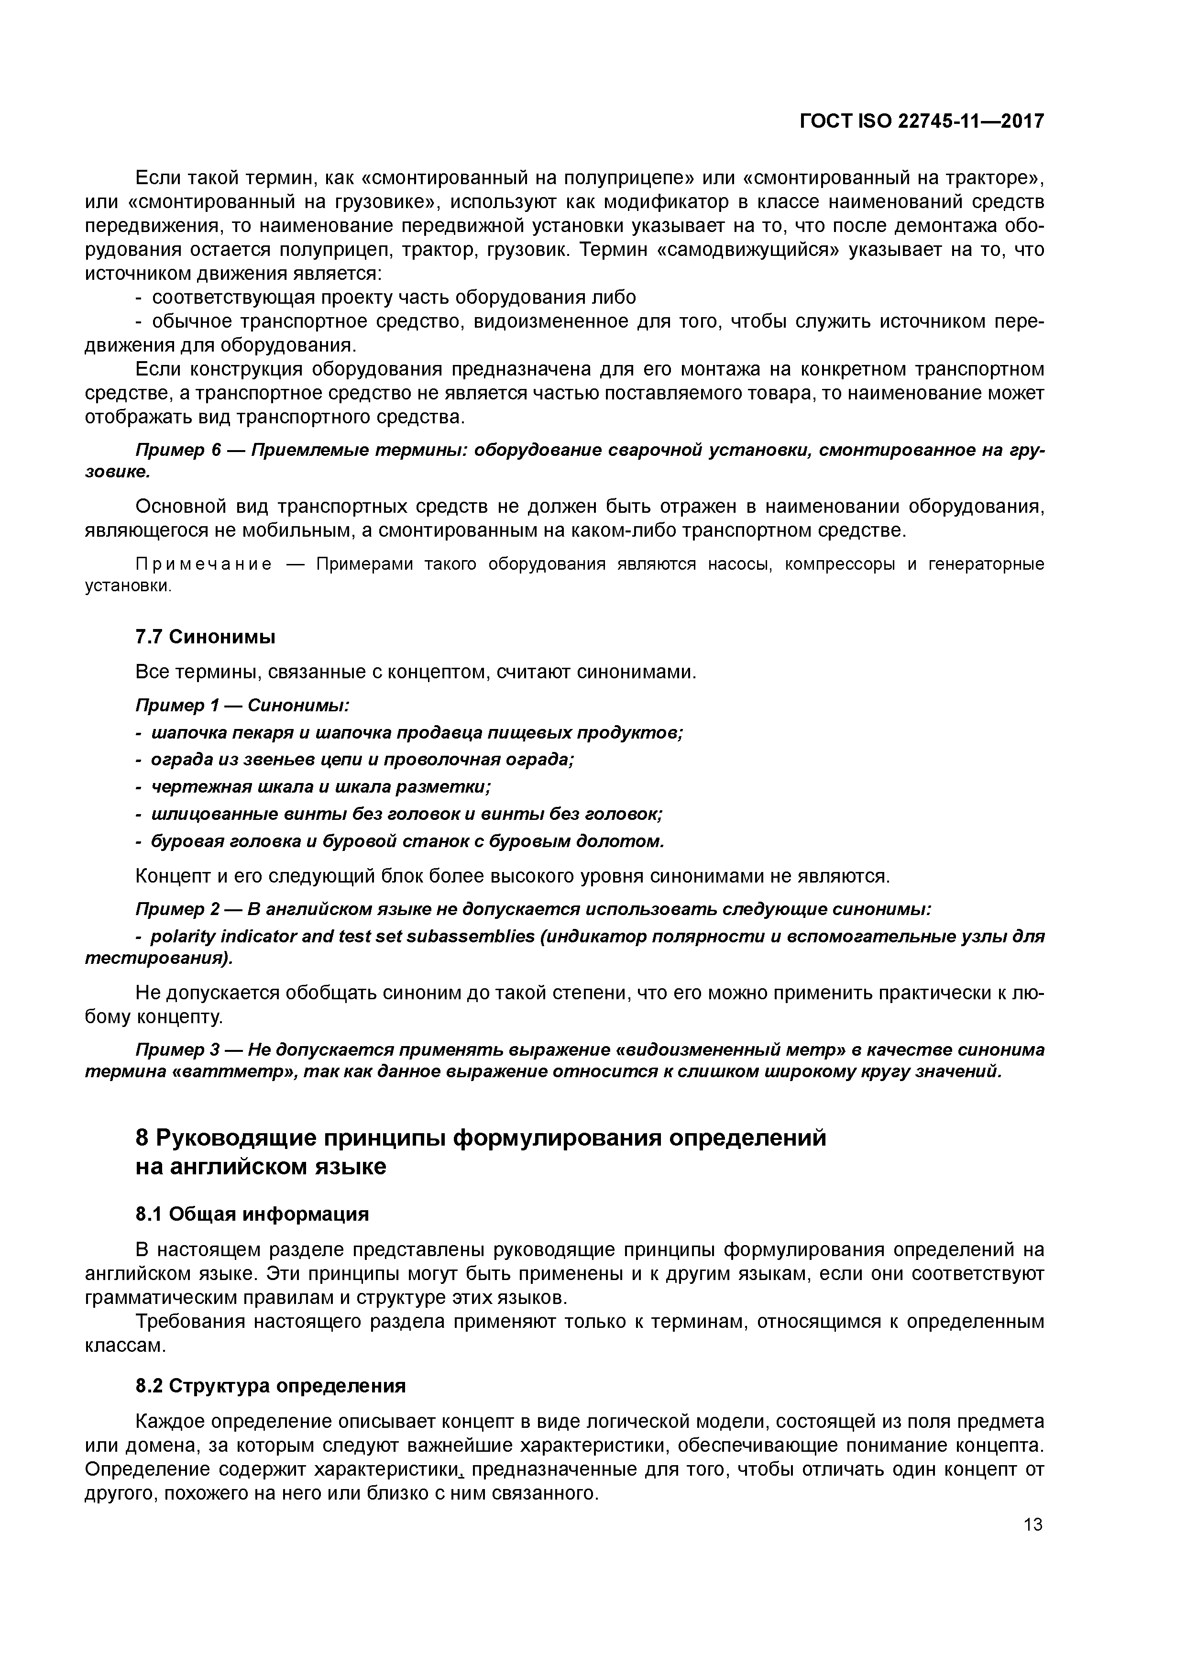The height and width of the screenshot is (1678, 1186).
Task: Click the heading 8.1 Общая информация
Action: click(252, 1214)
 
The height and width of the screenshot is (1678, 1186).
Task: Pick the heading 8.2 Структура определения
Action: click(270, 1386)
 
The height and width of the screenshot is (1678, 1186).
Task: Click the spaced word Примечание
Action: click(204, 564)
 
